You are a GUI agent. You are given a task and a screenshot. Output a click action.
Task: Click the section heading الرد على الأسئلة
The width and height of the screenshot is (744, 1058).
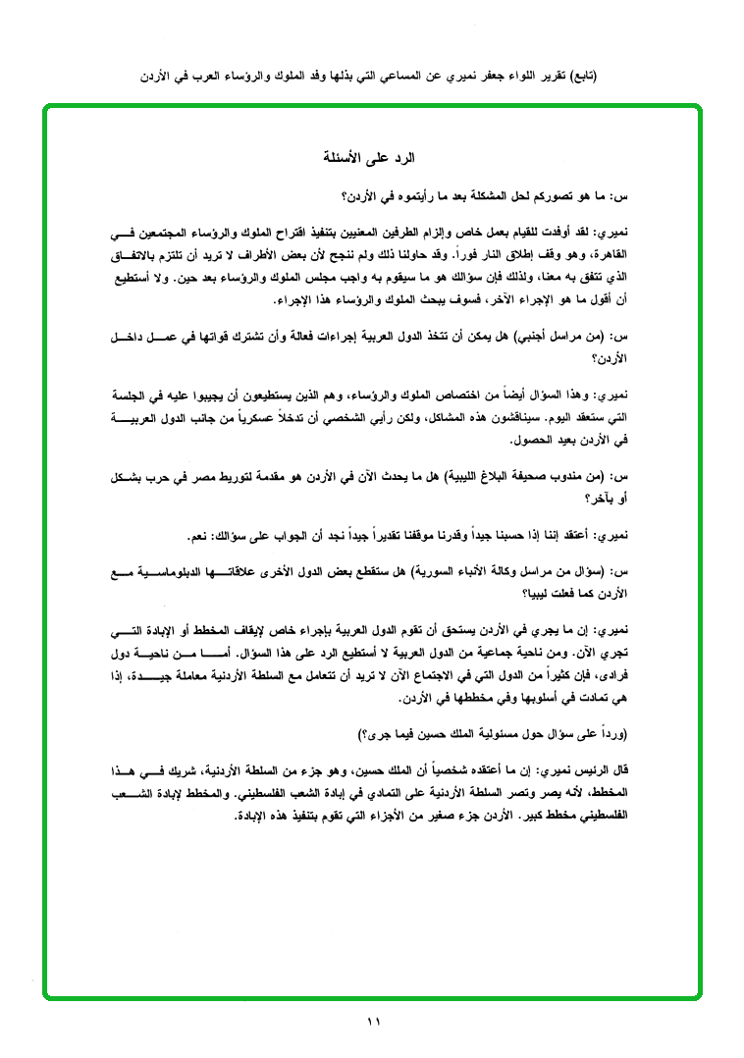[371, 157]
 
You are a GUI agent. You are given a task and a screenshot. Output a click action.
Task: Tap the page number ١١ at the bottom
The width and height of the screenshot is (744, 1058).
[372, 1022]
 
